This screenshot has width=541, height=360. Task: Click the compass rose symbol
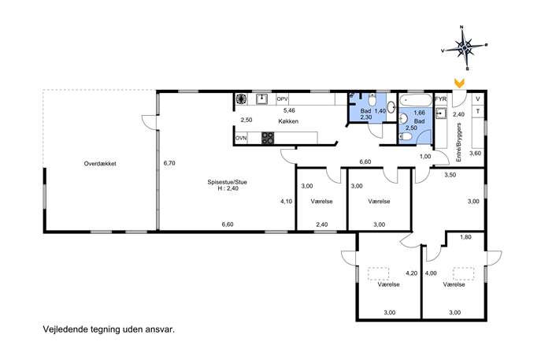point(465,47)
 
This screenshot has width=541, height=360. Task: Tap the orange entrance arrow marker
point(459,83)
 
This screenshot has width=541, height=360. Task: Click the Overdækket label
point(100,164)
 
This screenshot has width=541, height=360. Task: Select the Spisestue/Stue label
point(227,182)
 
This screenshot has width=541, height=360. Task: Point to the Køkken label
point(288,121)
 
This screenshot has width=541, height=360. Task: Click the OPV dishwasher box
point(282,99)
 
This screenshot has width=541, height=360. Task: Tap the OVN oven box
point(241,138)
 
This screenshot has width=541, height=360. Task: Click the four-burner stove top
point(268,138)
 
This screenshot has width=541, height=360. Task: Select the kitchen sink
point(262,99)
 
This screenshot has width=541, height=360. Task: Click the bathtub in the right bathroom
point(416,100)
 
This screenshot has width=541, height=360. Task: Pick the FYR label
point(441,99)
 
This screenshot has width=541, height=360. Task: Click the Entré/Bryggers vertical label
point(458,143)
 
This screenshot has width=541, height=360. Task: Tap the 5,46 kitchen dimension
point(289,110)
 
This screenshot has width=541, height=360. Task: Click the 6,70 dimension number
point(169,163)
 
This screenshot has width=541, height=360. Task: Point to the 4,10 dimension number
point(287,201)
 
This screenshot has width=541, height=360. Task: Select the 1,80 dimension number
point(465,237)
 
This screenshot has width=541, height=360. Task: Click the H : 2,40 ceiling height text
point(228,188)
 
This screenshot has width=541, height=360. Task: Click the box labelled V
point(478,99)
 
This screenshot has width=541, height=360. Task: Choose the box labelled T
point(478,112)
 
